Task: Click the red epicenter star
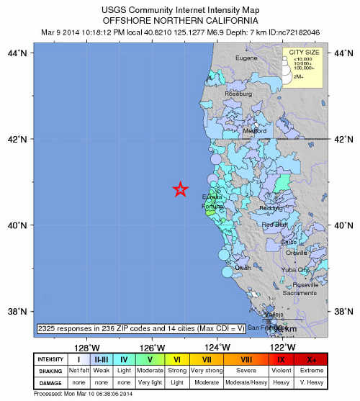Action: click(181, 189)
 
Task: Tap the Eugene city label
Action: click(246, 58)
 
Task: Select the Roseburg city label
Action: click(239, 94)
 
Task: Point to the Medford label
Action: click(254, 131)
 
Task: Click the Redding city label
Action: click(271, 208)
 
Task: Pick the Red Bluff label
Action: click(275, 225)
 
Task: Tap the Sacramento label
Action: click(300, 293)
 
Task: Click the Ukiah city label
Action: click(243, 267)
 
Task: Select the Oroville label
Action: click(296, 253)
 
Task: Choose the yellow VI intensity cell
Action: click(176, 359)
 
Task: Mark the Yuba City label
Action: click(295, 269)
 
